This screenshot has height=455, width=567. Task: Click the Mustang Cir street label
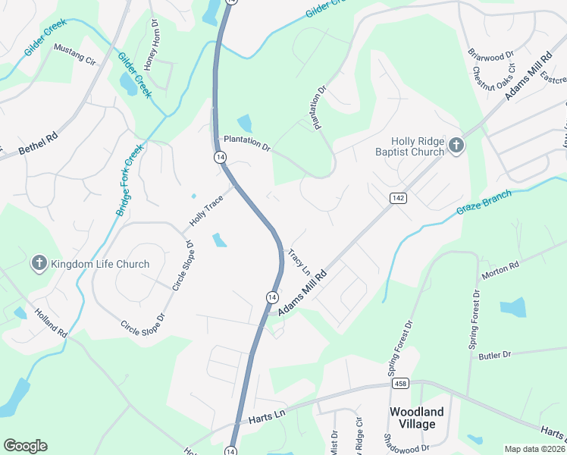coord(74,52)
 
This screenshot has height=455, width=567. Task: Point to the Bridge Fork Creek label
coord(129,181)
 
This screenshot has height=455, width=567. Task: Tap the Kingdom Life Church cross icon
coord(39,264)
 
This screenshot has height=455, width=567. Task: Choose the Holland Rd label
coord(51,327)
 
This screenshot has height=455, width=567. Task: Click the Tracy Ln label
coord(300,261)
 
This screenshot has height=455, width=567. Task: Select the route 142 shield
coord(398,198)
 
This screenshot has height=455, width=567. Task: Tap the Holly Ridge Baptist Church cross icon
coord(456,146)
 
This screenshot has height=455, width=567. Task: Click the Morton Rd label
coord(503,268)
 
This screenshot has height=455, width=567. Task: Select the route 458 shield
coord(401,384)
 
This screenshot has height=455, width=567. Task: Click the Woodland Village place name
coord(417,418)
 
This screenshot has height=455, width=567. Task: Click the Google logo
coord(25,446)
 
